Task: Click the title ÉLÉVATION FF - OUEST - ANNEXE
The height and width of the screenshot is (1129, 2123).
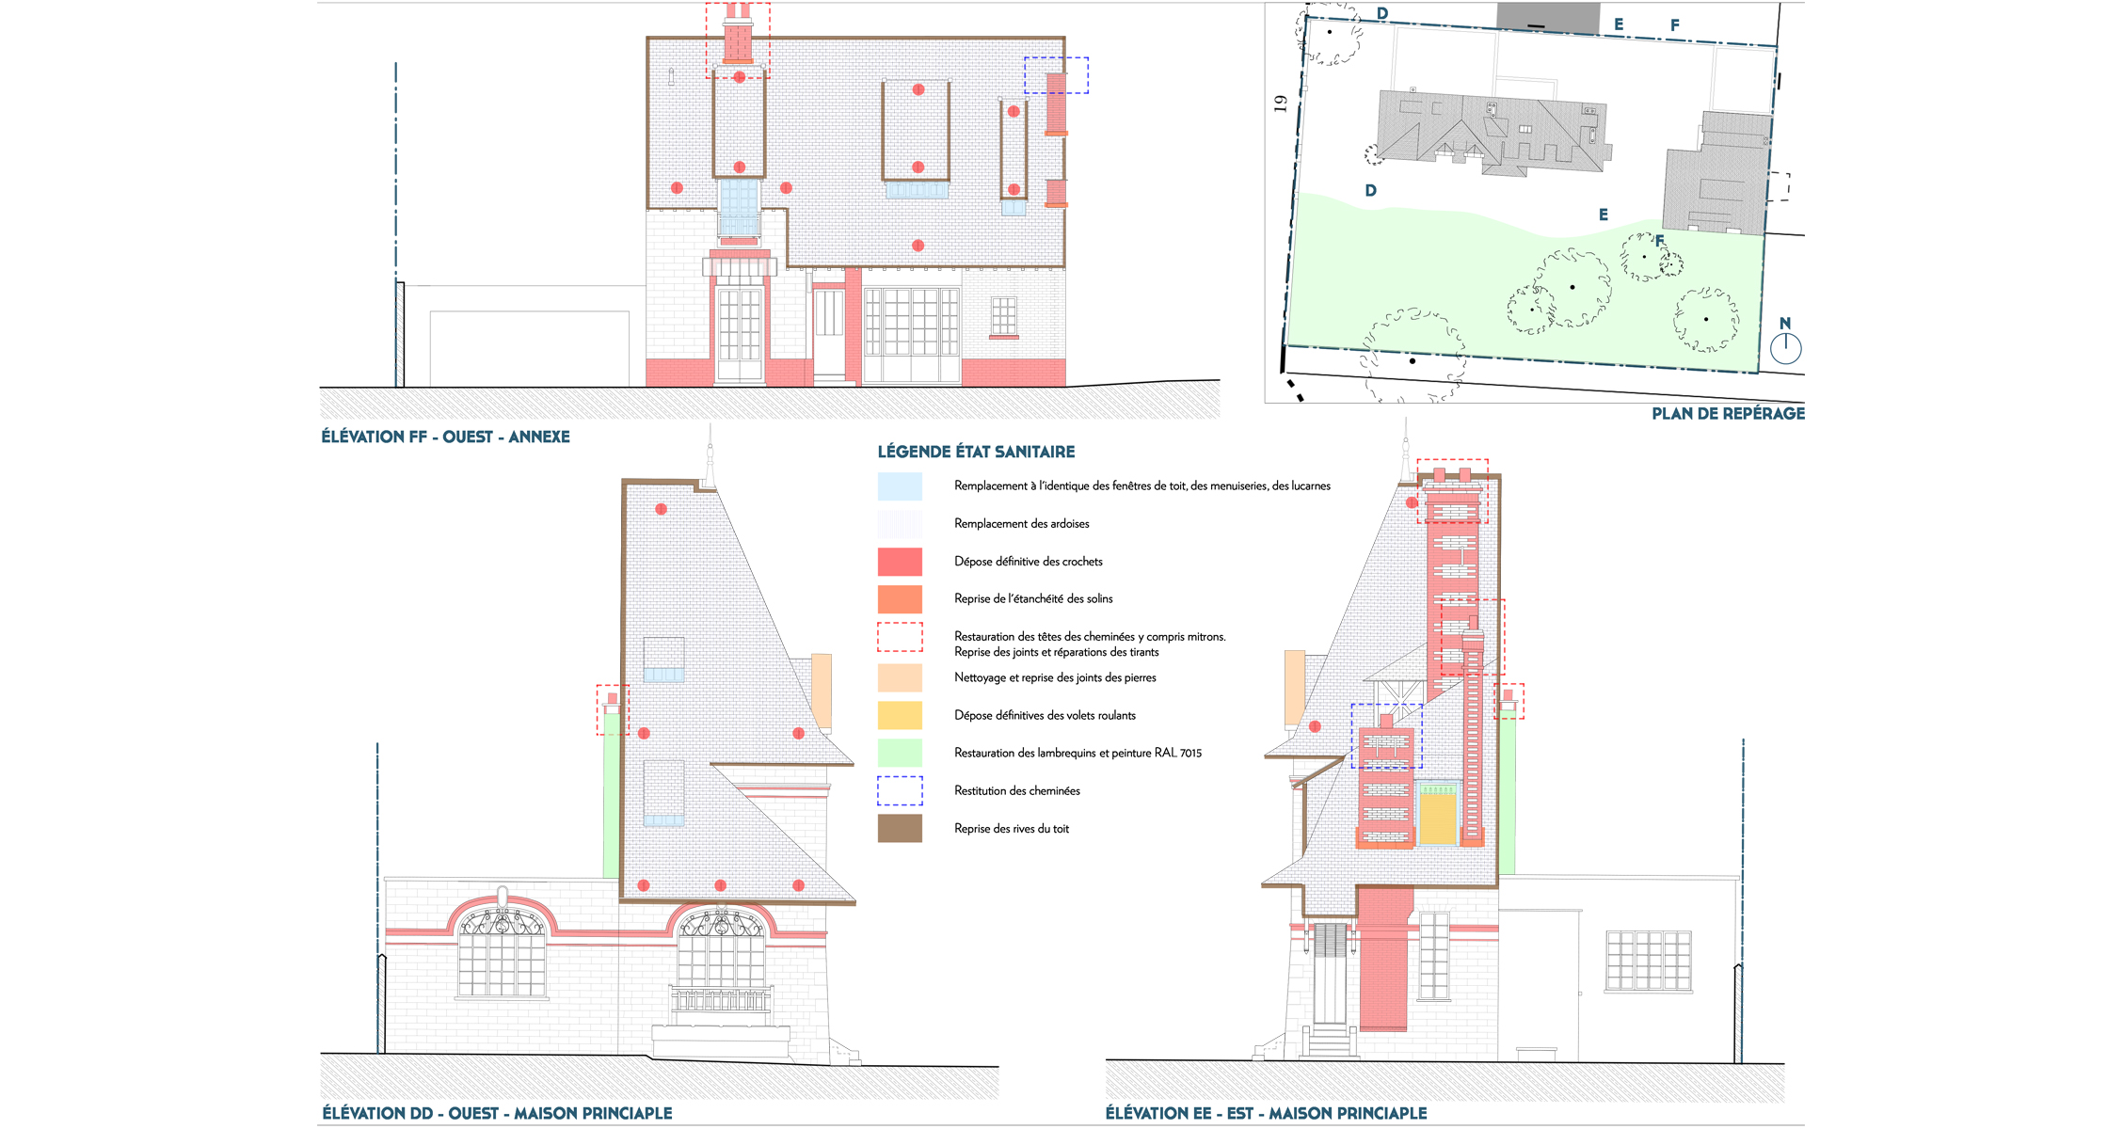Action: (x=445, y=437)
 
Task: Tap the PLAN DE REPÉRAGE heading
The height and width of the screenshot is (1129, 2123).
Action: (x=1728, y=413)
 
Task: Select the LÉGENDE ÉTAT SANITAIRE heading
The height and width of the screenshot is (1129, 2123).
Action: (x=976, y=452)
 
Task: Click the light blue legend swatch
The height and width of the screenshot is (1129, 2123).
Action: (x=900, y=485)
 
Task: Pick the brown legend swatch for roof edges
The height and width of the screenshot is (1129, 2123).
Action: (x=900, y=828)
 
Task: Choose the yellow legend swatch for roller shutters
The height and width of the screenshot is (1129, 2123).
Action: (x=900, y=715)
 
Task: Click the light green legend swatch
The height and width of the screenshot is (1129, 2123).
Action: (x=900, y=753)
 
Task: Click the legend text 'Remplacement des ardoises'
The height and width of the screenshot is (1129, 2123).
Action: (x=1021, y=523)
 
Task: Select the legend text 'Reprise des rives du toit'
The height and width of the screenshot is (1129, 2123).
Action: (x=1012, y=829)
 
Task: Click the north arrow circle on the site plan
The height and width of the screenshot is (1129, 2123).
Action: (x=1785, y=349)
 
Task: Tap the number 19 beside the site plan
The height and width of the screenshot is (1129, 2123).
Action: (x=1280, y=103)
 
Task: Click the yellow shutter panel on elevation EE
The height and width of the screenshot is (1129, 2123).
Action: (x=1437, y=819)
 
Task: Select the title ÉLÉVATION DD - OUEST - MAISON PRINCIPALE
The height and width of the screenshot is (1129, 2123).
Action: (x=497, y=1113)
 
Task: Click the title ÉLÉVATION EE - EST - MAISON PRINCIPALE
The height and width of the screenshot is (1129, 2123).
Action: (x=1266, y=1113)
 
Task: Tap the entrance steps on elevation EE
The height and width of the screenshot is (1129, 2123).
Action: (x=1329, y=1042)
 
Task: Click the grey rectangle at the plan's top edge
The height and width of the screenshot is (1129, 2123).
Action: (x=1548, y=17)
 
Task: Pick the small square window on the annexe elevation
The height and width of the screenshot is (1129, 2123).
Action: (x=1004, y=316)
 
